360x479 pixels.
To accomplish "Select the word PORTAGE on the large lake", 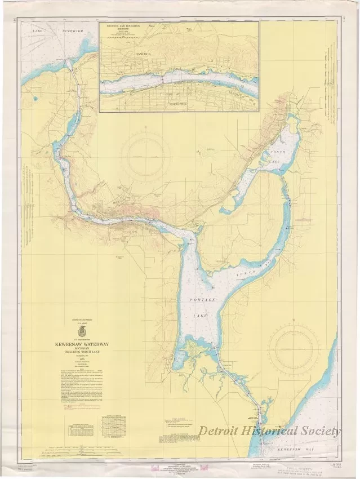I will coord(202,300).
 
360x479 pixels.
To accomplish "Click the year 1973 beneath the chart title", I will coord(84,361).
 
